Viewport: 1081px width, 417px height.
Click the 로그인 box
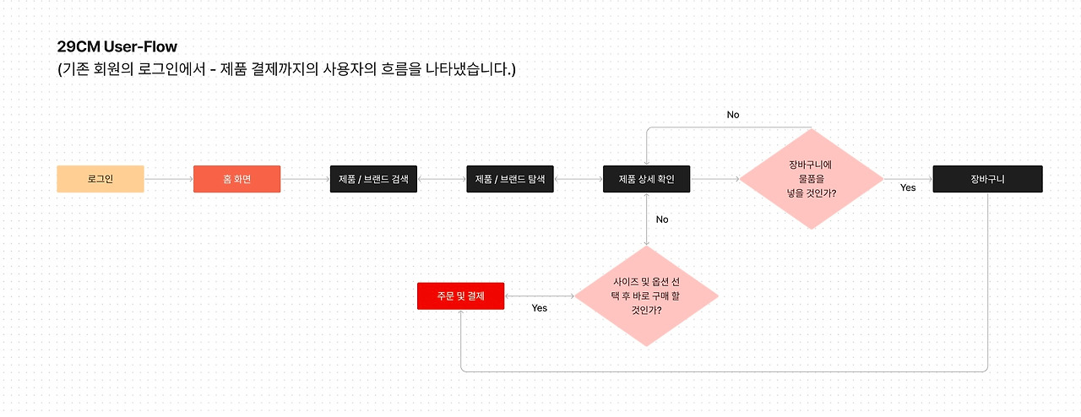(x=100, y=179)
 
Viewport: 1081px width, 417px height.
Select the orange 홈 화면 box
(x=236, y=179)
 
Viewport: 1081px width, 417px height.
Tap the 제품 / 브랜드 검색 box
(x=373, y=179)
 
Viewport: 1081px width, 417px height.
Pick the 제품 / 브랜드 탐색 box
(x=510, y=179)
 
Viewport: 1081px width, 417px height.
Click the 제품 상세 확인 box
(x=647, y=179)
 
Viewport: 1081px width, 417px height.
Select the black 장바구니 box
(x=987, y=179)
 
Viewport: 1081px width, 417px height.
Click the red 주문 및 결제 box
(x=460, y=295)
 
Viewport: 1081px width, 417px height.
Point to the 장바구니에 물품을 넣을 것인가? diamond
(x=811, y=179)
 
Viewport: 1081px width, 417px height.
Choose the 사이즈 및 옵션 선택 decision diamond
(x=646, y=296)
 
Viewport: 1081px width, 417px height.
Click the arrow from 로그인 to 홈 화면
(x=169, y=179)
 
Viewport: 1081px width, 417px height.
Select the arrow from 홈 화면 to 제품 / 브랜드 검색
(x=305, y=179)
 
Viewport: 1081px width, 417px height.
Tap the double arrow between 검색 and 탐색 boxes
(x=442, y=179)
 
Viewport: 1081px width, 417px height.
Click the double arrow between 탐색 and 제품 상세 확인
(x=579, y=179)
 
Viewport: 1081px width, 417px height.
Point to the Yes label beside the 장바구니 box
(x=908, y=187)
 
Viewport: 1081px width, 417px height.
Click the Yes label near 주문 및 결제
(x=540, y=308)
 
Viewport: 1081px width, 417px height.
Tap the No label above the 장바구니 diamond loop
(x=732, y=115)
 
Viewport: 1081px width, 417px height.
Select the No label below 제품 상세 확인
(x=662, y=219)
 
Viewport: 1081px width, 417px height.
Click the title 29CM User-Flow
(x=117, y=46)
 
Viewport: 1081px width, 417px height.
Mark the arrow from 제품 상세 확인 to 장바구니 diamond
(x=714, y=179)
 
